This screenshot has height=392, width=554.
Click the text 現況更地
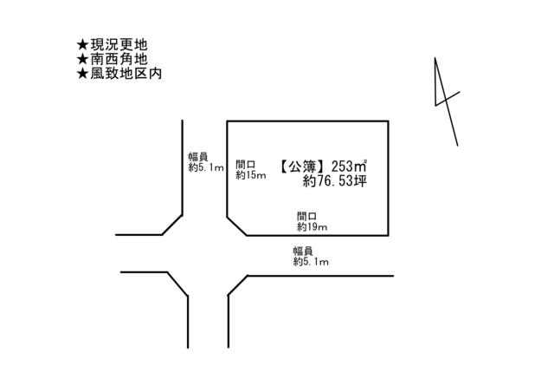(x=119, y=45)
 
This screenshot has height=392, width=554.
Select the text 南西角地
(x=119, y=59)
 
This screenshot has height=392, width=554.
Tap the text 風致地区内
(x=126, y=74)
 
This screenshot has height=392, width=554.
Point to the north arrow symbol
(x=447, y=101)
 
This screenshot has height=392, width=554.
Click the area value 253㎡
(x=348, y=166)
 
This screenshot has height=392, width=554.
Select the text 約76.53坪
(x=335, y=181)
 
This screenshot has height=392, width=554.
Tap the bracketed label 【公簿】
(x=302, y=167)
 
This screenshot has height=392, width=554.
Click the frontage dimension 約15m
(x=250, y=175)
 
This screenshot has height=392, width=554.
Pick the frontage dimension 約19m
(x=312, y=227)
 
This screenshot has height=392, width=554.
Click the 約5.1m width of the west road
(x=206, y=167)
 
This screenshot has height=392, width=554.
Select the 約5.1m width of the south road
(x=311, y=262)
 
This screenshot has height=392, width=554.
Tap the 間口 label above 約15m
(x=246, y=165)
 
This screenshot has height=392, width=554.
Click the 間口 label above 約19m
(x=306, y=216)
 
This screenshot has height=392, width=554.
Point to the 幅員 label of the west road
(x=198, y=157)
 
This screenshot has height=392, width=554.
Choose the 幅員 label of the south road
(x=303, y=251)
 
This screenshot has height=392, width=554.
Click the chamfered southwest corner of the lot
(x=236, y=226)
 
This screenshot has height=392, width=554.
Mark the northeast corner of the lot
(x=389, y=121)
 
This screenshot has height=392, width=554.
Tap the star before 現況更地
(x=82, y=45)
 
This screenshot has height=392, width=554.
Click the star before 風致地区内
(x=82, y=74)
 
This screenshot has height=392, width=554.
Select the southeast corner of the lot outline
(x=389, y=235)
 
